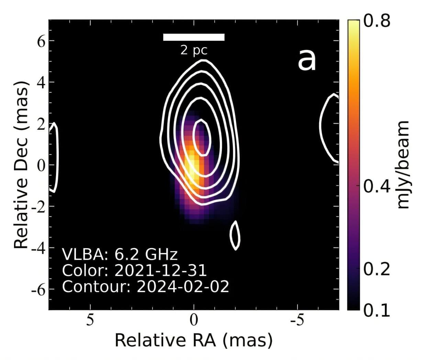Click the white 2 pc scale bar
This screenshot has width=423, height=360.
(193, 37)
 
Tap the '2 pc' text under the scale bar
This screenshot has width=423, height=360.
(194, 50)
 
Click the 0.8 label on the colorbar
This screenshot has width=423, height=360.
(377, 21)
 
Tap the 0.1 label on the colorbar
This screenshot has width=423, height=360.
(377, 310)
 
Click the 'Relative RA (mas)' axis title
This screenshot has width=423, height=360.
(194, 340)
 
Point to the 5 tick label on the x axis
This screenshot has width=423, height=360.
(90, 320)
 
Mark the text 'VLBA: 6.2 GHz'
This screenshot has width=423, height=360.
(120, 255)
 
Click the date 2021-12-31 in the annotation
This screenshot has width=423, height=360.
(160, 270)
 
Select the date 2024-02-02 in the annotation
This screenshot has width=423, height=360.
(183, 286)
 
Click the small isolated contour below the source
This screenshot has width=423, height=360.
(235, 235)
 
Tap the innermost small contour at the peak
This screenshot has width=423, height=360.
(201, 138)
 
